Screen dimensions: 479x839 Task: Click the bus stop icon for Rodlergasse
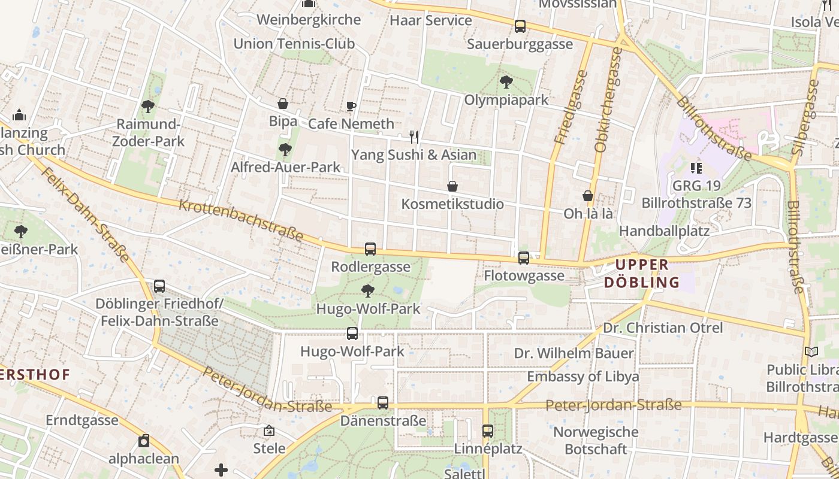(x=370, y=249)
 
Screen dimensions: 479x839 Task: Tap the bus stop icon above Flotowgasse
(x=524, y=258)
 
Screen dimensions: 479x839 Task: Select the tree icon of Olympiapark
(x=506, y=82)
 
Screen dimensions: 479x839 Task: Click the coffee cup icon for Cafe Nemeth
(x=351, y=107)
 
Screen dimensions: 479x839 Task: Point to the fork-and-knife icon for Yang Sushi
(x=414, y=137)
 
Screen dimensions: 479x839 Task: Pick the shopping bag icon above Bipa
(x=283, y=104)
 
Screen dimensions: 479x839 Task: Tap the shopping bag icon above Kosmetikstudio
(x=452, y=187)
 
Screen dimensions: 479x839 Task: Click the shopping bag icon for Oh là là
(x=588, y=196)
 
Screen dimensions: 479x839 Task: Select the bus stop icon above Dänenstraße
(x=383, y=403)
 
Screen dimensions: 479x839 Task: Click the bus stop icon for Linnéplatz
(x=488, y=431)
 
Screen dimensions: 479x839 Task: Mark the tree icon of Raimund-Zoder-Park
(x=148, y=107)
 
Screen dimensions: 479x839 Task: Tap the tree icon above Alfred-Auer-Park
(x=285, y=150)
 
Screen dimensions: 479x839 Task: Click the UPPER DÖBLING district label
(x=642, y=274)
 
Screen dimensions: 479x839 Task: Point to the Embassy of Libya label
(x=583, y=377)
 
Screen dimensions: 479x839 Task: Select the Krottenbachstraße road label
(x=241, y=221)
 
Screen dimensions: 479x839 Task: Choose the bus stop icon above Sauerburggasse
(x=520, y=26)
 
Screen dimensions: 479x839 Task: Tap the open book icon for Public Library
(x=811, y=352)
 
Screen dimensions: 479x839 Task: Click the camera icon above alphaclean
(x=144, y=441)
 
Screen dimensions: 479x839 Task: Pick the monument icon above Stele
(x=269, y=431)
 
